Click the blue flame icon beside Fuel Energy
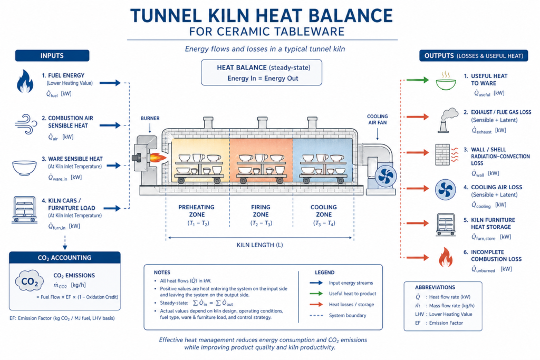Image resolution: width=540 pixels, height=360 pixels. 25,82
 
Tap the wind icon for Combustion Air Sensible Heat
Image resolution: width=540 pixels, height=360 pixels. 25,124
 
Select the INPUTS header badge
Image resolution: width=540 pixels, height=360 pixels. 52,55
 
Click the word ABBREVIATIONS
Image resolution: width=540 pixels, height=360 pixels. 436,287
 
